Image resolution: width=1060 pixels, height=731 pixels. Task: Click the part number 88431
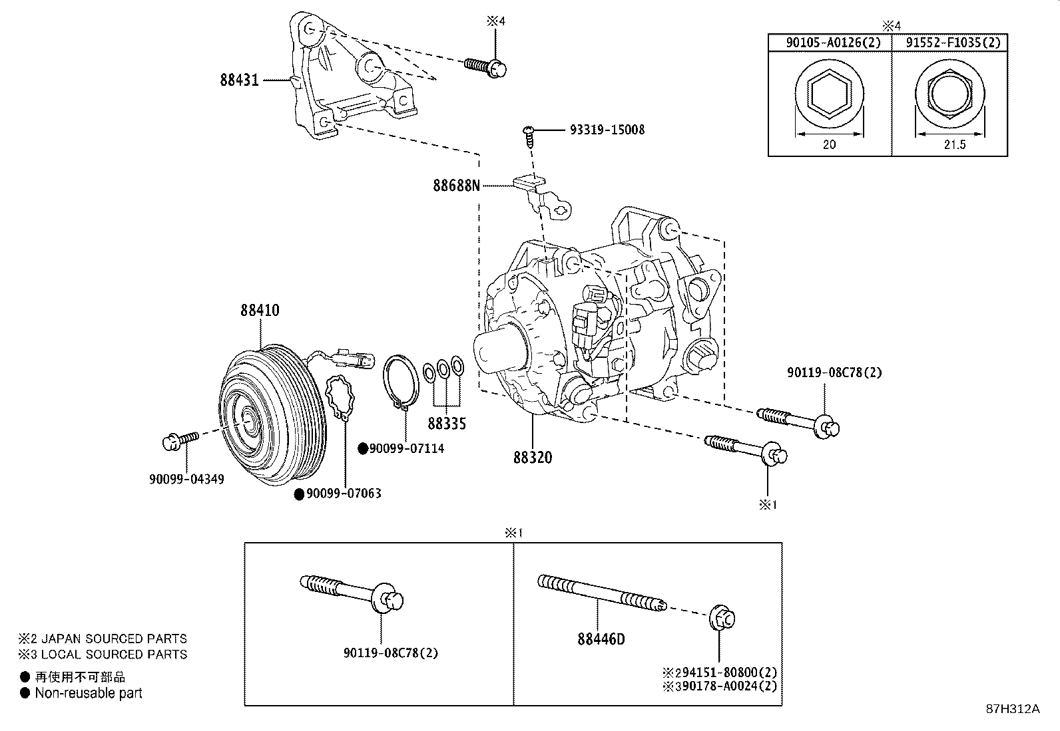(239, 80)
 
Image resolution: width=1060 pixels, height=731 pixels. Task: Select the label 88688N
(456, 186)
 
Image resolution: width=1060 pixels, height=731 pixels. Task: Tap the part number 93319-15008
(607, 130)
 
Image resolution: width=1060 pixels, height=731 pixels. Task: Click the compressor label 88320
(533, 458)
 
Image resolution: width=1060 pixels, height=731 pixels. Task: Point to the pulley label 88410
(260, 311)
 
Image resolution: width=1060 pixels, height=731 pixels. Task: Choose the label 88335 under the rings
(446, 423)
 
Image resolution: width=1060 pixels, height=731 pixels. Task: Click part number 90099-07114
(407, 449)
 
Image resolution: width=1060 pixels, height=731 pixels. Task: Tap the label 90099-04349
(186, 479)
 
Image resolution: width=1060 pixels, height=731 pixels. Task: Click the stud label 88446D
(601, 640)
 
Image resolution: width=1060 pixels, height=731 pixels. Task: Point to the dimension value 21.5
(953, 144)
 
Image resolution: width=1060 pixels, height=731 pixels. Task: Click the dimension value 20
(829, 144)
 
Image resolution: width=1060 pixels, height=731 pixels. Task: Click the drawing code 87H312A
(1012, 709)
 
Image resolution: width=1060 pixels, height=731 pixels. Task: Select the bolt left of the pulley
(180, 440)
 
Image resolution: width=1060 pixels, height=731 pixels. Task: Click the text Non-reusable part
(89, 693)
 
